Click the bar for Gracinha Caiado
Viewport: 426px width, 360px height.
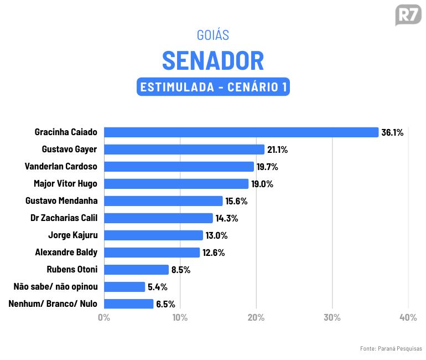click(241, 132)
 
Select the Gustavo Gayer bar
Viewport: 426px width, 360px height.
click(184, 150)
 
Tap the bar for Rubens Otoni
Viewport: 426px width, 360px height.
click(136, 270)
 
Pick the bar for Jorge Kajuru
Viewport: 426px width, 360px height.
click(153, 235)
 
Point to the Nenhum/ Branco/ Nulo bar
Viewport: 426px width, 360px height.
click(128, 304)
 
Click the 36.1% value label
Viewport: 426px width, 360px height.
click(392, 133)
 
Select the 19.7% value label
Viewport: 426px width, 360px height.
click(267, 167)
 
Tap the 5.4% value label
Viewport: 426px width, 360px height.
click(158, 287)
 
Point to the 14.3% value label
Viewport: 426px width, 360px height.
click(227, 218)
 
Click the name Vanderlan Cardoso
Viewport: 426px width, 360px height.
click(61, 167)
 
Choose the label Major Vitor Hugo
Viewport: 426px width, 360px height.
click(65, 184)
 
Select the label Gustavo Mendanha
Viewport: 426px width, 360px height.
click(61, 201)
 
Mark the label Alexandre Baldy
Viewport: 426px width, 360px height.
click(66, 253)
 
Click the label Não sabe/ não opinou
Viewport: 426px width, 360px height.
click(55, 287)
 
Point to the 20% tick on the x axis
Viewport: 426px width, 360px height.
click(256, 318)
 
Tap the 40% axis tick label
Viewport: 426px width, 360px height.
click(408, 318)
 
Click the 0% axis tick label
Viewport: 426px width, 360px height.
click(104, 318)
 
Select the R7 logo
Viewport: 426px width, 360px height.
click(408, 15)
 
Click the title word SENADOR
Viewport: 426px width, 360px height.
click(213, 60)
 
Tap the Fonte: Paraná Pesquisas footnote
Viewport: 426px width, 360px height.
click(391, 348)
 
